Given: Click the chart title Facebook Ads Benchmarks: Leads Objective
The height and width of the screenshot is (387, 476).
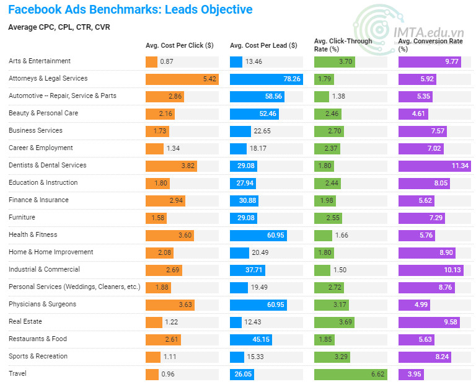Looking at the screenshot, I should pos(130,10).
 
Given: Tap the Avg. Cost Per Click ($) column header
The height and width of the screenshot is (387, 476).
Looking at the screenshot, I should pos(179,45).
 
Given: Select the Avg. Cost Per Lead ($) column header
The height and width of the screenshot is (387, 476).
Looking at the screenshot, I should pos(263,45).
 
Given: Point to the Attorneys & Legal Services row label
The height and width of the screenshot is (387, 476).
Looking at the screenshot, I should pos(48,79).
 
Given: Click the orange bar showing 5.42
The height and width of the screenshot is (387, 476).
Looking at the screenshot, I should pos(182,79).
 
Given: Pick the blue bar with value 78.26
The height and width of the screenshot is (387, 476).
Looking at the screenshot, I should pos(266,79).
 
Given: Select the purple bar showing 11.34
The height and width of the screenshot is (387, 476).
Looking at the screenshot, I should pos(434,166).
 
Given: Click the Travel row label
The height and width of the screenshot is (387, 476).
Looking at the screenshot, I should pos(17,374).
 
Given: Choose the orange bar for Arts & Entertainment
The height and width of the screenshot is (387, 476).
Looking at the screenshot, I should pos(151,62).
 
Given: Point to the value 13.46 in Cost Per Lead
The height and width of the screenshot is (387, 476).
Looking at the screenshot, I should pos(253,62).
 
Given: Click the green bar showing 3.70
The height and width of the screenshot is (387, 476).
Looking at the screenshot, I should pos(335,62).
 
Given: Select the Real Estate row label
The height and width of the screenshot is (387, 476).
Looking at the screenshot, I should pos(24,322).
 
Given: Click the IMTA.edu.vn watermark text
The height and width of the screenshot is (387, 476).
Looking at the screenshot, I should pos(430,32).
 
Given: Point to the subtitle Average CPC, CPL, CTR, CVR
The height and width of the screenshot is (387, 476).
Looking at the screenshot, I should pos(59,27).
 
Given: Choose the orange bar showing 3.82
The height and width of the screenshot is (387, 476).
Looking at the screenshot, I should pos(171,166).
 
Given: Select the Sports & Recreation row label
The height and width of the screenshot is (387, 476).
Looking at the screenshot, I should pos(38,357).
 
